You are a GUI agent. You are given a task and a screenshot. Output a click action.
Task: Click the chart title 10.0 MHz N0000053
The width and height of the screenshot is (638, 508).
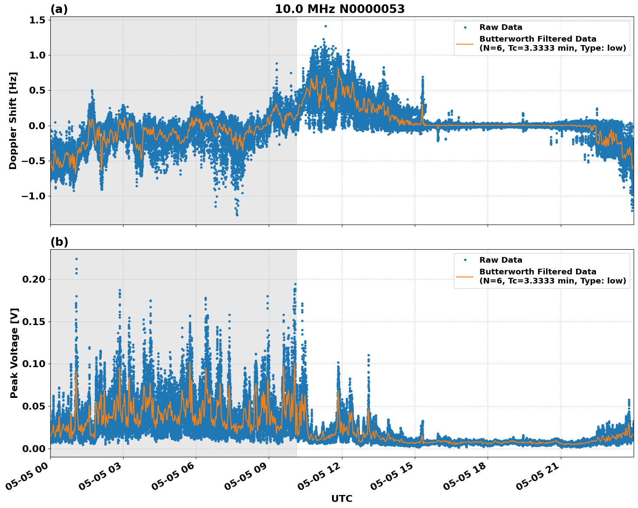(x=340, y=9)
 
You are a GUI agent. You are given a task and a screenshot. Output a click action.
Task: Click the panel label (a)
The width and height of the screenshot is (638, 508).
(x=59, y=9)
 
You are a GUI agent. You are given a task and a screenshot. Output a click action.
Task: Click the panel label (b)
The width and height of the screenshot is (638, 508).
(x=59, y=242)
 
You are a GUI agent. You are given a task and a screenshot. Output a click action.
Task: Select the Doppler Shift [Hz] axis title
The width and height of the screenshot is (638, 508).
(x=13, y=120)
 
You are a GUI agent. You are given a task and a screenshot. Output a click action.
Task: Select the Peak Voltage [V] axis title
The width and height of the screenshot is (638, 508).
(x=14, y=353)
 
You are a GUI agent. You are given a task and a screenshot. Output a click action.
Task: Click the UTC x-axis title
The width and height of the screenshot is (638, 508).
(x=342, y=498)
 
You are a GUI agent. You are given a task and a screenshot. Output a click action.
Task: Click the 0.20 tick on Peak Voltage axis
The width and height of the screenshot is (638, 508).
(x=34, y=279)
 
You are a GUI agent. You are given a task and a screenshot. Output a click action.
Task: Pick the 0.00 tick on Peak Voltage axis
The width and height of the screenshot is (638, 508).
(x=34, y=449)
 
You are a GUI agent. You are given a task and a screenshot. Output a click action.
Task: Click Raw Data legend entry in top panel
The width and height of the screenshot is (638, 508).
(x=501, y=27)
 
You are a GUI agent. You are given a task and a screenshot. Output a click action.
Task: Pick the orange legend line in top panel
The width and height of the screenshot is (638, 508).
(x=465, y=43)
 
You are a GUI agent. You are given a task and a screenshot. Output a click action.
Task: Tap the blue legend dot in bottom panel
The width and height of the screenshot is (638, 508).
(x=465, y=260)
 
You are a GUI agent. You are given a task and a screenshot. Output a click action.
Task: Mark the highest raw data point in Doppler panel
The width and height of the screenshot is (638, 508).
(x=326, y=26)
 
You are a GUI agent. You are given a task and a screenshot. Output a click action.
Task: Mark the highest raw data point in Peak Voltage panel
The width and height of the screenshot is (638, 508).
(x=76, y=259)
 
